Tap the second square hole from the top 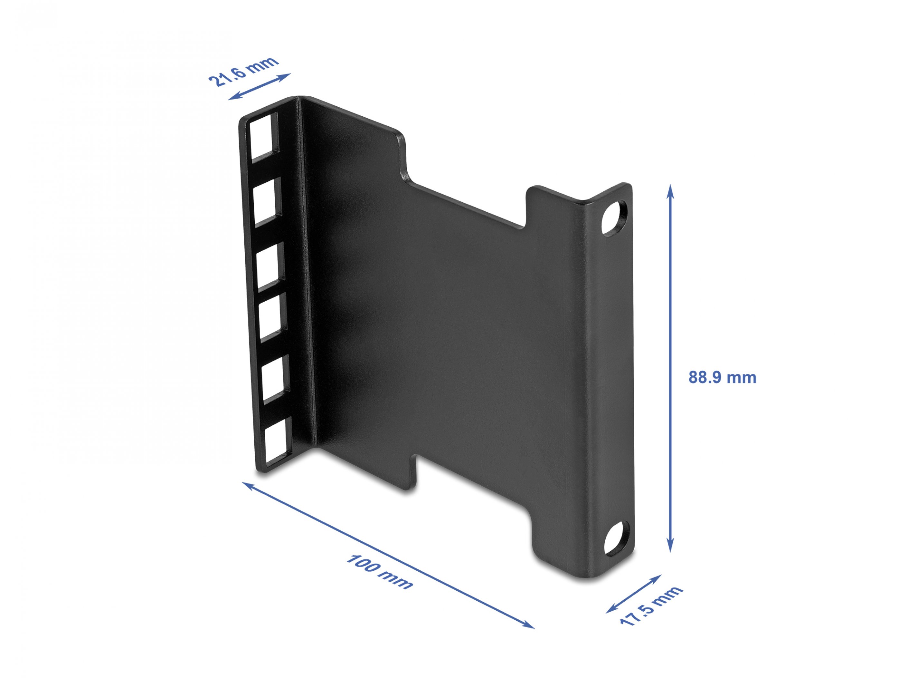pos(267,202)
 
